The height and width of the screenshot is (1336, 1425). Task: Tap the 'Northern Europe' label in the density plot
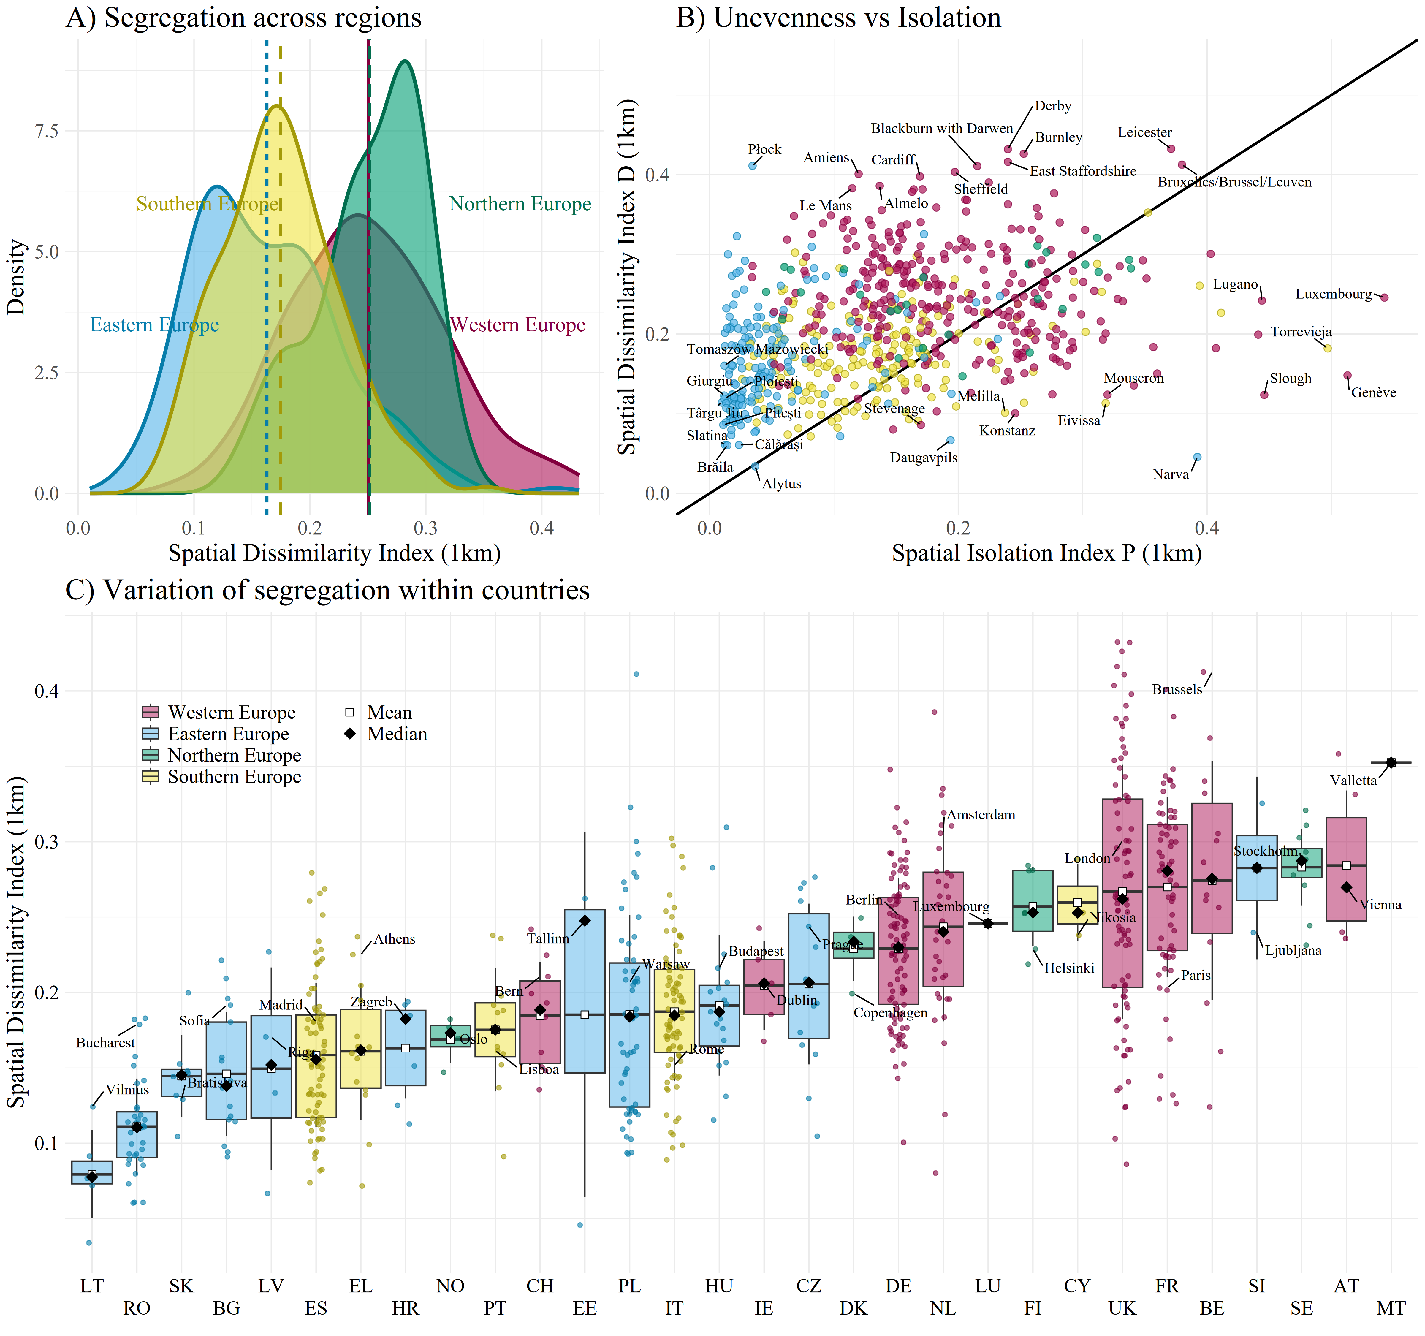click(520, 204)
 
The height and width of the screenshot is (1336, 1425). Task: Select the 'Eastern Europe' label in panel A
click(154, 325)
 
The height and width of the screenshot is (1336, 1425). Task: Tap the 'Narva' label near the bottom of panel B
click(1171, 474)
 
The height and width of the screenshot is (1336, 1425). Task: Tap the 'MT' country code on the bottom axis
click(1391, 1308)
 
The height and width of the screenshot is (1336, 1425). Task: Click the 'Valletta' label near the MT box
click(1353, 781)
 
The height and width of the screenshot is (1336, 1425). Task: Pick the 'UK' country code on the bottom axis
click(1122, 1308)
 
